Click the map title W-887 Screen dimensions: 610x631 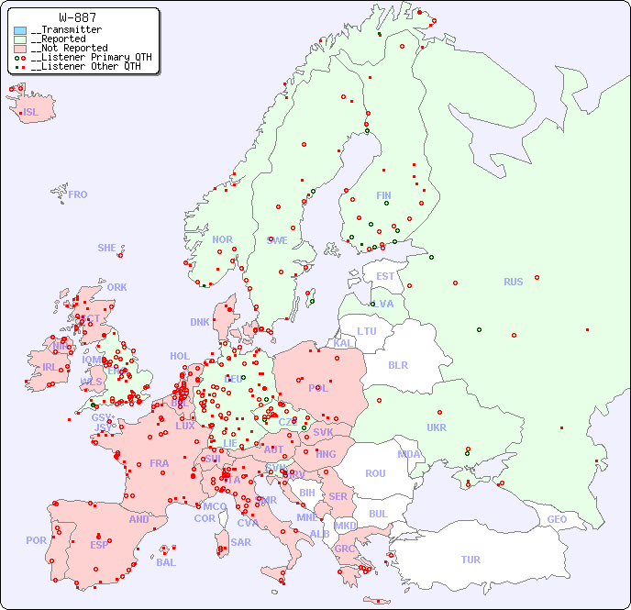[79, 17]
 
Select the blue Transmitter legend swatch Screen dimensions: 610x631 [20, 30]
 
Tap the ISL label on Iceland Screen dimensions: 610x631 [31, 113]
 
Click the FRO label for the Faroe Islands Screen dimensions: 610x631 [78, 194]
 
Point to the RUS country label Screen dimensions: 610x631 [513, 282]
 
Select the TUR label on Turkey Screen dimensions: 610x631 [470, 560]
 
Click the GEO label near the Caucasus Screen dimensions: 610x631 [557, 519]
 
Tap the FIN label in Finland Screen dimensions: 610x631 [383, 195]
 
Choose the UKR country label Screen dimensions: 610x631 [437, 427]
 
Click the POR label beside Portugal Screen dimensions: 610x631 [36, 540]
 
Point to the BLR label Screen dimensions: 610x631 [397, 364]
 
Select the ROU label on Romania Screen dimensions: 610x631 [375, 473]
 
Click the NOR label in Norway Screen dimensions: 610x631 [222, 239]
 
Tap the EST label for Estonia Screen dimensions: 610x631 [385, 276]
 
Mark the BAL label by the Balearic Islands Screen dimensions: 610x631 [165, 562]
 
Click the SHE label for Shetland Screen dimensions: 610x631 [106, 248]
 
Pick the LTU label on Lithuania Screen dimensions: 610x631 [367, 331]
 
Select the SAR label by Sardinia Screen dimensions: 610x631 [240, 542]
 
